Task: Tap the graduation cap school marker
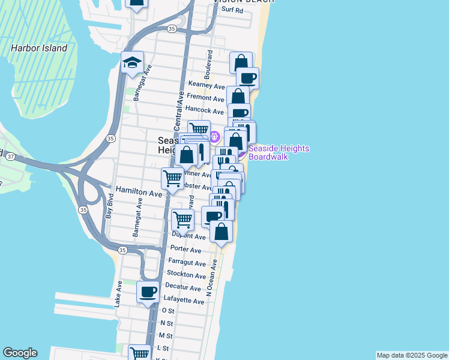(131, 62)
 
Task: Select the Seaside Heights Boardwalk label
(277, 152)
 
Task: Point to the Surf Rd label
(232, 10)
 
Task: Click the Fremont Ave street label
(205, 98)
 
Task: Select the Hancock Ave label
(204, 110)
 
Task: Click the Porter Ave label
(186, 249)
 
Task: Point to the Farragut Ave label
(188, 262)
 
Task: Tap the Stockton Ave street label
(187, 275)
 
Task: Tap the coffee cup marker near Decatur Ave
(148, 292)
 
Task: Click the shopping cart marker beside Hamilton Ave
(172, 178)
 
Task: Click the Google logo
(20, 353)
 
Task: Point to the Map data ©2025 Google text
(412, 355)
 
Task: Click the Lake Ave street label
(118, 294)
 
